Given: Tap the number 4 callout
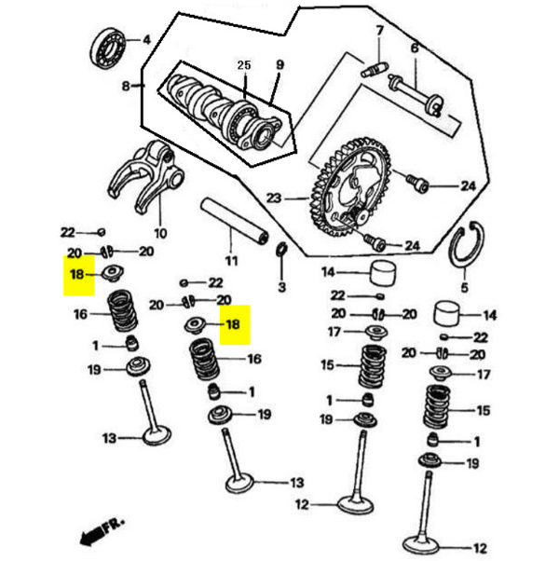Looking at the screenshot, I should [x=146, y=39].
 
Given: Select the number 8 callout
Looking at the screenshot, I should [x=127, y=87].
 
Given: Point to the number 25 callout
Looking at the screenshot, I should [x=244, y=65].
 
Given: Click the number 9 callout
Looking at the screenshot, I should [x=278, y=64].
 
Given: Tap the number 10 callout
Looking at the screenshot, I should [x=159, y=233].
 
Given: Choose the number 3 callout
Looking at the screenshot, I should [x=281, y=287].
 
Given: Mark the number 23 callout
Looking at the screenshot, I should [x=274, y=198].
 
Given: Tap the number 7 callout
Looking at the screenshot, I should [x=379, y=31].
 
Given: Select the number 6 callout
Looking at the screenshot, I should [x=415, y=48].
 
